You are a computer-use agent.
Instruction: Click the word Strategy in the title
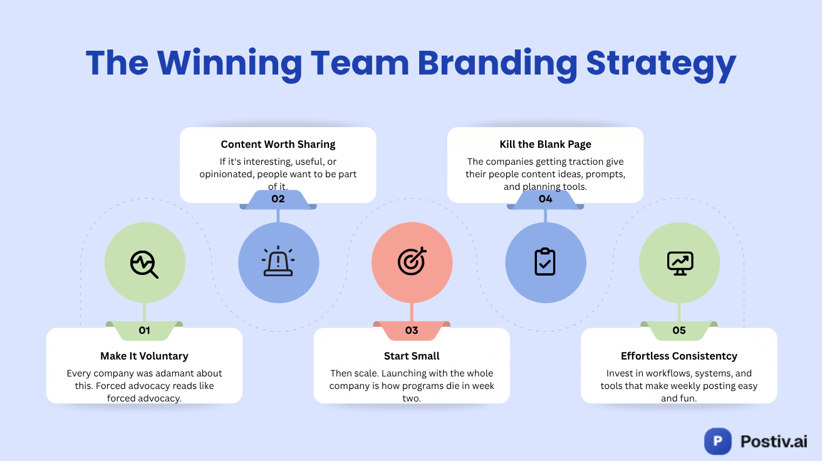point(661,64)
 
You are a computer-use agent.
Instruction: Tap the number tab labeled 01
point(144,330)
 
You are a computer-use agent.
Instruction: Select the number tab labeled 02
point(278,199)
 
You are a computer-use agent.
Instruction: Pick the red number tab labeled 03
point(412,330)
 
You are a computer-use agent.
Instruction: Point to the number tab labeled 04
point(545,199)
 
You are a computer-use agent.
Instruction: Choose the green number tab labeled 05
point(679,330)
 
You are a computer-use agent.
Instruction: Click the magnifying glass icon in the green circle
point(144,264)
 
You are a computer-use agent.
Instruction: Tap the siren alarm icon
point(279,262)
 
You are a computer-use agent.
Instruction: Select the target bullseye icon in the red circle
point(412,262)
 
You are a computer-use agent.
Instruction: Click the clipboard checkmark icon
point(545,262)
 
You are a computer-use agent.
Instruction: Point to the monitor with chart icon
point(679,262)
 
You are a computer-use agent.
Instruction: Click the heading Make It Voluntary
point(144,356)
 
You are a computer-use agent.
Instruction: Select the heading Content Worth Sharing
point(278,144)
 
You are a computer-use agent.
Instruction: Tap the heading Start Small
point(412,356)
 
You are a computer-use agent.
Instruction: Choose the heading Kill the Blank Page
point(545,144)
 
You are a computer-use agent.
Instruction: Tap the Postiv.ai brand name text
point(773,441)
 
